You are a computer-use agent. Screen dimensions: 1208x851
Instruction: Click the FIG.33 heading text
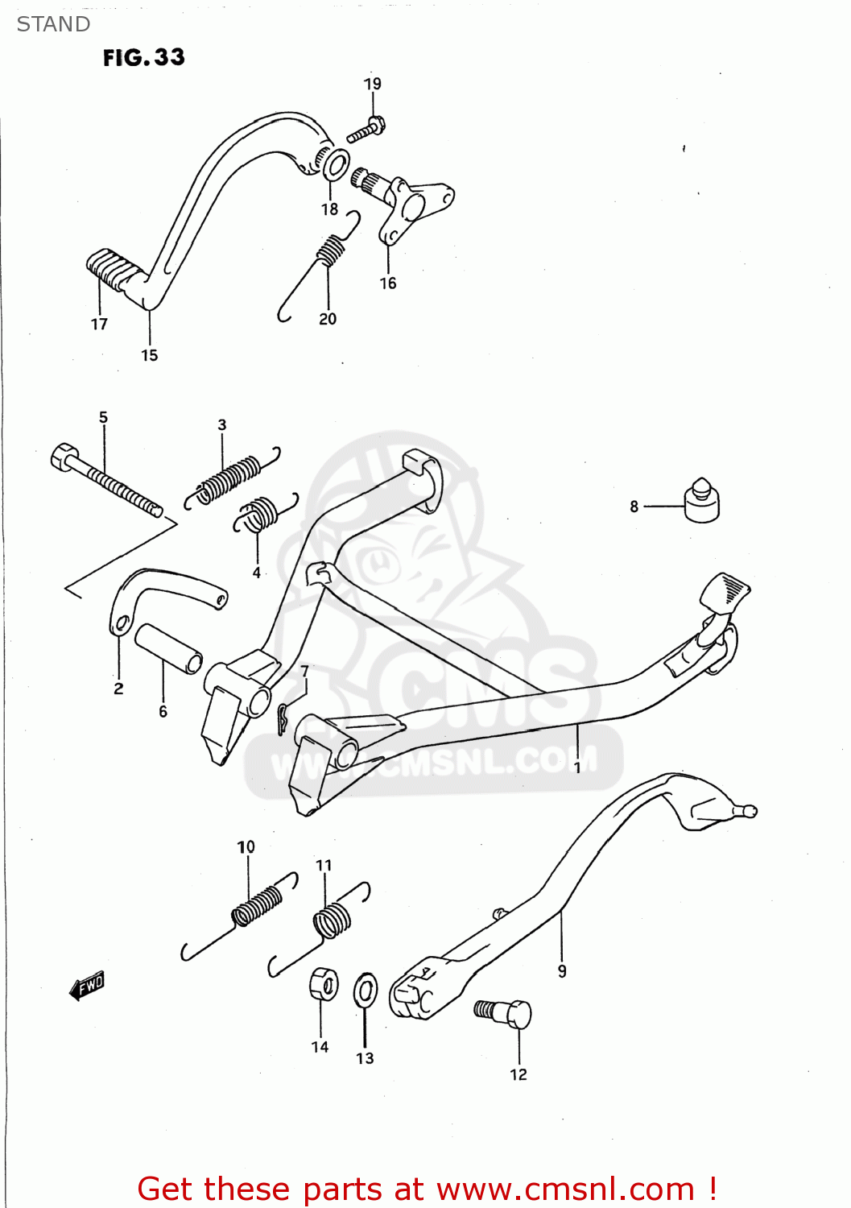(x=143, y=57)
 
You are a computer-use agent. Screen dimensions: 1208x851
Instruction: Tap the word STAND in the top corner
(x=53, y=24)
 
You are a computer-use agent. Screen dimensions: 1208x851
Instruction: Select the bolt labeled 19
(x=366, y=130)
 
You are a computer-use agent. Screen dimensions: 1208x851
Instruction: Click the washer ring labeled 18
(x=336, y=165)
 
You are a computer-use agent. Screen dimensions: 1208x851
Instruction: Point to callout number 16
(x=388, y=283)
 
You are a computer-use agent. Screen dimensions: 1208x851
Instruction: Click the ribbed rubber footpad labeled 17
(x=106, y=268)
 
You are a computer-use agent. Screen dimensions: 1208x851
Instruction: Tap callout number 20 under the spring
(x=328, y=319)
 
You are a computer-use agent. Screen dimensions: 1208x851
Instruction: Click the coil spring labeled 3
(x=230, y=480)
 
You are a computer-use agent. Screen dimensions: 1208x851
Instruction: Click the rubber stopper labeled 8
(x=702, y=501)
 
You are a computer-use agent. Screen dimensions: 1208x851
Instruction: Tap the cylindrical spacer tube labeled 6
(x=168, y=648)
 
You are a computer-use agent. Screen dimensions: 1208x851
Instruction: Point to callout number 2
(x=118, y=689)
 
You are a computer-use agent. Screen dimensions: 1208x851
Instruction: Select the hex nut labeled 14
(x=323, y=984)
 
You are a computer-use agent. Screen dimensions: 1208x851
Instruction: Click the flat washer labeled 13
(x=366, y=990)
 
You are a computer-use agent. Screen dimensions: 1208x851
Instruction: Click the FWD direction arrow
(x=87, y=985)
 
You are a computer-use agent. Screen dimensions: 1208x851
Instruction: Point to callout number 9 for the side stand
(x=562, y=971)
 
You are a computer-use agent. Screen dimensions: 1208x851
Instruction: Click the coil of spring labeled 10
(x=257, y=906)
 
